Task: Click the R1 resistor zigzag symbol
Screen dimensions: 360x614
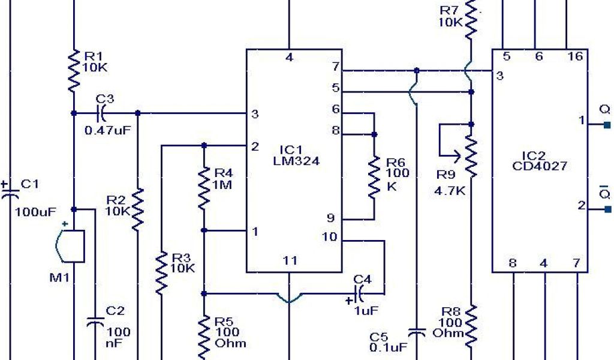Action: click(x=73, y=70)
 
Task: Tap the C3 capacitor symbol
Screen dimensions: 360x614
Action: click(x=100, y=112)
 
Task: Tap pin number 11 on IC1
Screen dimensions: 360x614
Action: click(x=290, y=260)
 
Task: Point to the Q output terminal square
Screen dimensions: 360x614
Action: click(x=607, y=125)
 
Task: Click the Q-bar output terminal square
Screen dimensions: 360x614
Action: click(x=607, y=209)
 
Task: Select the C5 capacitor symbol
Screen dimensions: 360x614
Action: click(x=416, y=332)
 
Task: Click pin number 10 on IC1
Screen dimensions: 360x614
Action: click(x=330, y=237)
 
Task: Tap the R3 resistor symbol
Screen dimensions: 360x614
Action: click(x=161, y=273)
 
